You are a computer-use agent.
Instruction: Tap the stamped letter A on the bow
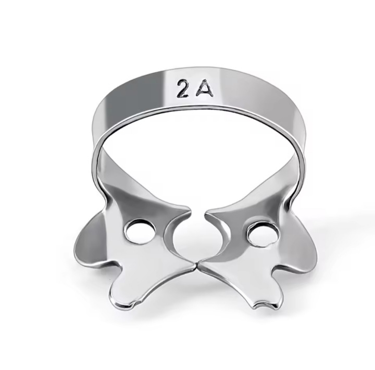click(205, 90)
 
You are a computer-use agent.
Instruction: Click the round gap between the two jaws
click(197, 240)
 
